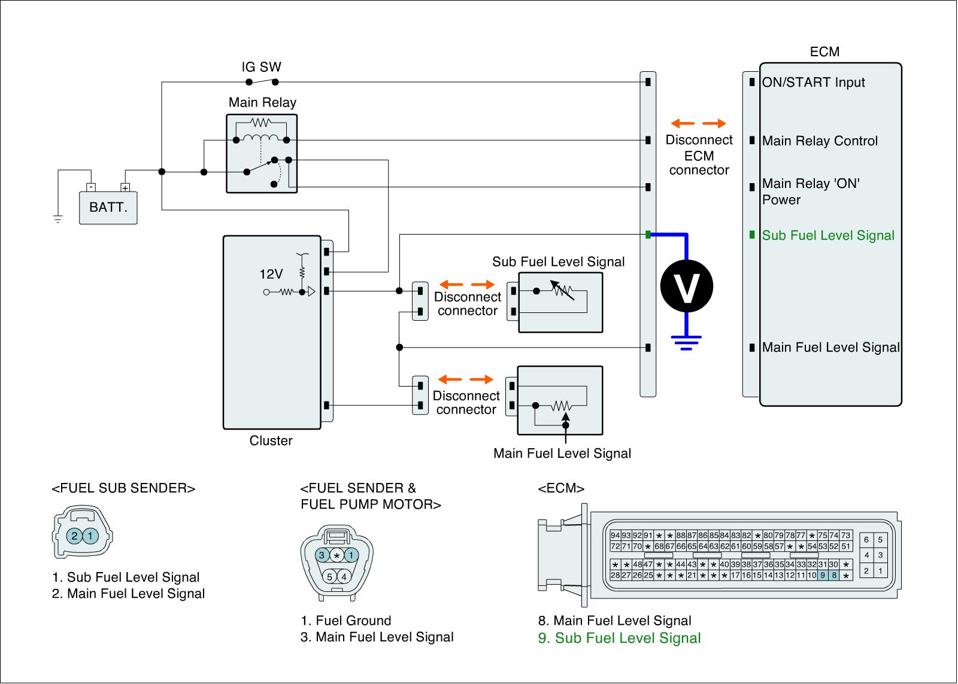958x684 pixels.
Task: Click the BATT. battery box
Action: [108, 208]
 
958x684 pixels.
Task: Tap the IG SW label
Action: [261, 67]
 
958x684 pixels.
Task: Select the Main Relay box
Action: [262, 154]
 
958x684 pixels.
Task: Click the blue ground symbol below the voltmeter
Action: [686, 342]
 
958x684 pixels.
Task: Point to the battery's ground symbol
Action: [57, 218]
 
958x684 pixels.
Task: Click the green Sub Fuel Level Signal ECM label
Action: [828, 235]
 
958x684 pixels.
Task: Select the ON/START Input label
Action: [813, 83]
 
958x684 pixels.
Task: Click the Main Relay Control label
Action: [820, 141]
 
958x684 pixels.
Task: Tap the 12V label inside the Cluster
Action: [271, 274]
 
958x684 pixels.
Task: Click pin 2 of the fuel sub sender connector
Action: [74, 536]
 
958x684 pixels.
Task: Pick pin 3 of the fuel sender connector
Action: [322, 555]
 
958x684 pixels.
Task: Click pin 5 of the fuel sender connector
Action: [329, 577]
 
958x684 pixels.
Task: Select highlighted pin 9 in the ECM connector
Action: [823, 576]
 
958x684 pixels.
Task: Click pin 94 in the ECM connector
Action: [615, 536]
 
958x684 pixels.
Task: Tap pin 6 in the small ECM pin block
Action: [866, 540]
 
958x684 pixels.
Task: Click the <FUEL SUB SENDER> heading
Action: [124, 488]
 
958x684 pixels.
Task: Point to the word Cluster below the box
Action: [271, 441]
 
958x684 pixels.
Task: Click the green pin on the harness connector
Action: [648, 235]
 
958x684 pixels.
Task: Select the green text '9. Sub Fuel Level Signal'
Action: [619, 638]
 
